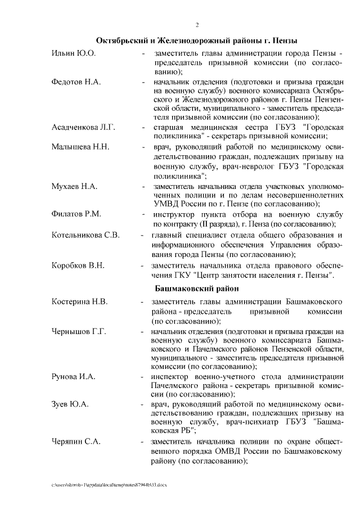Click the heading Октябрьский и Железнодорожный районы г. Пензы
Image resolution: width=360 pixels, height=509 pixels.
pyautogui.click(x=196, y=41)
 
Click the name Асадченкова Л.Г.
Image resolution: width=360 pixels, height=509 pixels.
pyautogui.click(x=83, y=128)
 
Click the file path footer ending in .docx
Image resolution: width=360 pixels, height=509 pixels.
pyautogui.click(x=109, y=484)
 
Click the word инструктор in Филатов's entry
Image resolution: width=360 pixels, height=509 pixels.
pyautogui.click(x=173, y=215)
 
